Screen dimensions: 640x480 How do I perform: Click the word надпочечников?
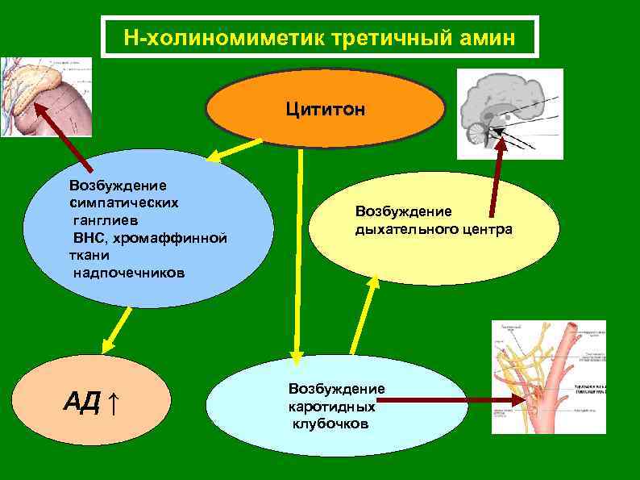pos(129,273)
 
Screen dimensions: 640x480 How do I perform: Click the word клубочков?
pos(331,424)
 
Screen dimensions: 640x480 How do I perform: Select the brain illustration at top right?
pos(509,112)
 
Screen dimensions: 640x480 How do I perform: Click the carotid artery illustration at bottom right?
pos(548,379)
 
